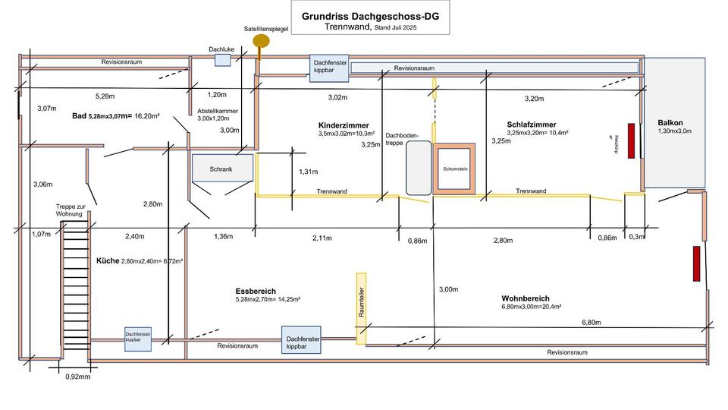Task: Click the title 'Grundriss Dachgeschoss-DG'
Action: pos(369,15)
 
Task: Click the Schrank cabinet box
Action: pos(221,169)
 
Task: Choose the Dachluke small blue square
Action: pos(222,60)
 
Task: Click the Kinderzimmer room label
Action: pos(341,125)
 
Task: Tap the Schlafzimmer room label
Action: pos(532,125)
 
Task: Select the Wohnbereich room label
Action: pos(526,298)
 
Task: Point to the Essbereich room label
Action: pos(256,291)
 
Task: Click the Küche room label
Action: pos(108,260)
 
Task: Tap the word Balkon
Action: pos(670,123)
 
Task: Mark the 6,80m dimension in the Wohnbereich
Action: pos(592,323)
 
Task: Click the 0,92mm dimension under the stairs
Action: pos(77,377)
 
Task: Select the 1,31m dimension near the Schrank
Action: pos(308,171)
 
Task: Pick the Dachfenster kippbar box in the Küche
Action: pos(138,338)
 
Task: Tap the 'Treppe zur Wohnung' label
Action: pos(73,210)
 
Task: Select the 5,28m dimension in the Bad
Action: pos(105,96)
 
